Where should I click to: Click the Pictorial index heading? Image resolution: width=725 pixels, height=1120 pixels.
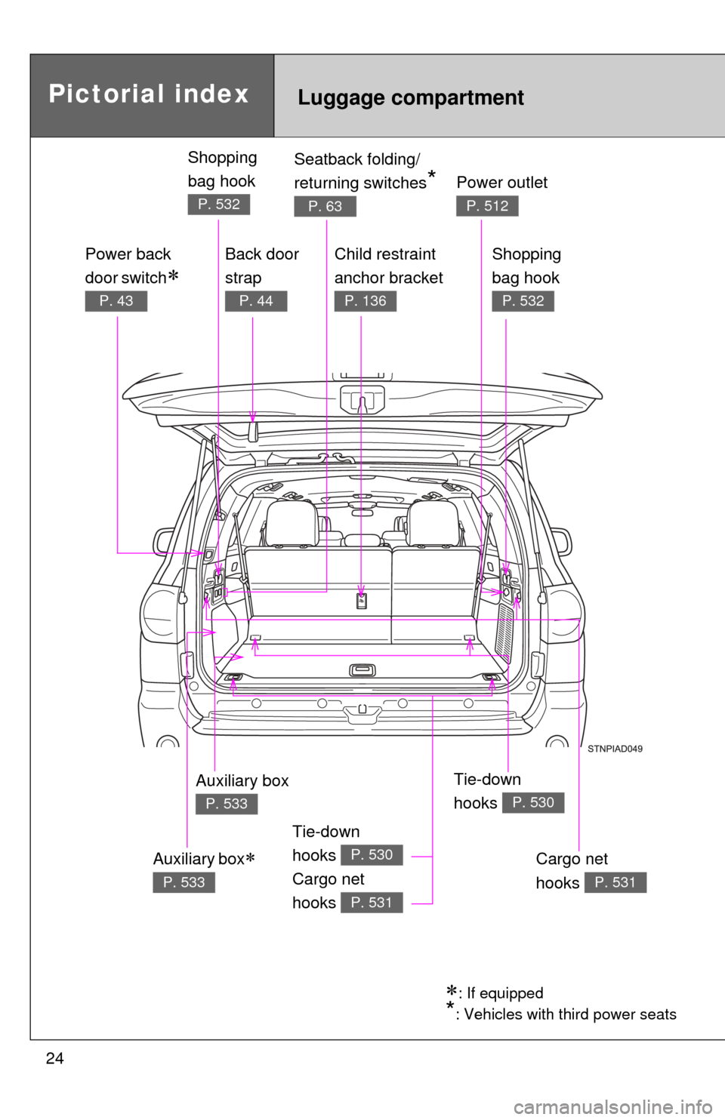[x=149, y=94]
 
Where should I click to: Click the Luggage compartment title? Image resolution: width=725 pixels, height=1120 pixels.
[x=411, y=97]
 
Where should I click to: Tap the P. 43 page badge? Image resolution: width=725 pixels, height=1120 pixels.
[x=116, y=301]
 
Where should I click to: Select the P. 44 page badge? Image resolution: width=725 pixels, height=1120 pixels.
[x=256, y=301]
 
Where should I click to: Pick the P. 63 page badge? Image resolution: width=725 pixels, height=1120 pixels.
[x=325, y=206]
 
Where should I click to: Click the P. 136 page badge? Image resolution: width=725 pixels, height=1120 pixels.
[x=366, y=301]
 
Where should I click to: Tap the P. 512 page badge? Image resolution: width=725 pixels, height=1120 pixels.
[x=487, y=205]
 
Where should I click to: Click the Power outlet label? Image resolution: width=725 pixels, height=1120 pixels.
[x=502, y=183]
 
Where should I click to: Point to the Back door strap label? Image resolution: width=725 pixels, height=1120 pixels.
[x=262, y=266]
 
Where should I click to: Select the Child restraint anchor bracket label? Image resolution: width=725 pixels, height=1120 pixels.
[x=388, y=266]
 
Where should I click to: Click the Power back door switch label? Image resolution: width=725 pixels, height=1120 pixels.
[x=132, y=266]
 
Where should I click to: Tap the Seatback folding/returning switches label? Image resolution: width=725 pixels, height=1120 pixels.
[x=364, y=171]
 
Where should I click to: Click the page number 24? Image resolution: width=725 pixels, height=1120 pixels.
[x=55, y=1059]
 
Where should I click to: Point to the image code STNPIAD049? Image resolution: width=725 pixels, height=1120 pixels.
[x=615, y=749]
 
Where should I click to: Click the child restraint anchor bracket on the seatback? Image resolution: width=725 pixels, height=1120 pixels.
[x=362, y=601]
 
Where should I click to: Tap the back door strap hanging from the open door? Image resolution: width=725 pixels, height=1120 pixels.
[x=253, y=432]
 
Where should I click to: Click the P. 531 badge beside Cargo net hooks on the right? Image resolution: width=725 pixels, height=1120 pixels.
[x=615, y=882]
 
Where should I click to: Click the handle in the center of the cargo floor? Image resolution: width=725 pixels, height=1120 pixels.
[x=362, y=670]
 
